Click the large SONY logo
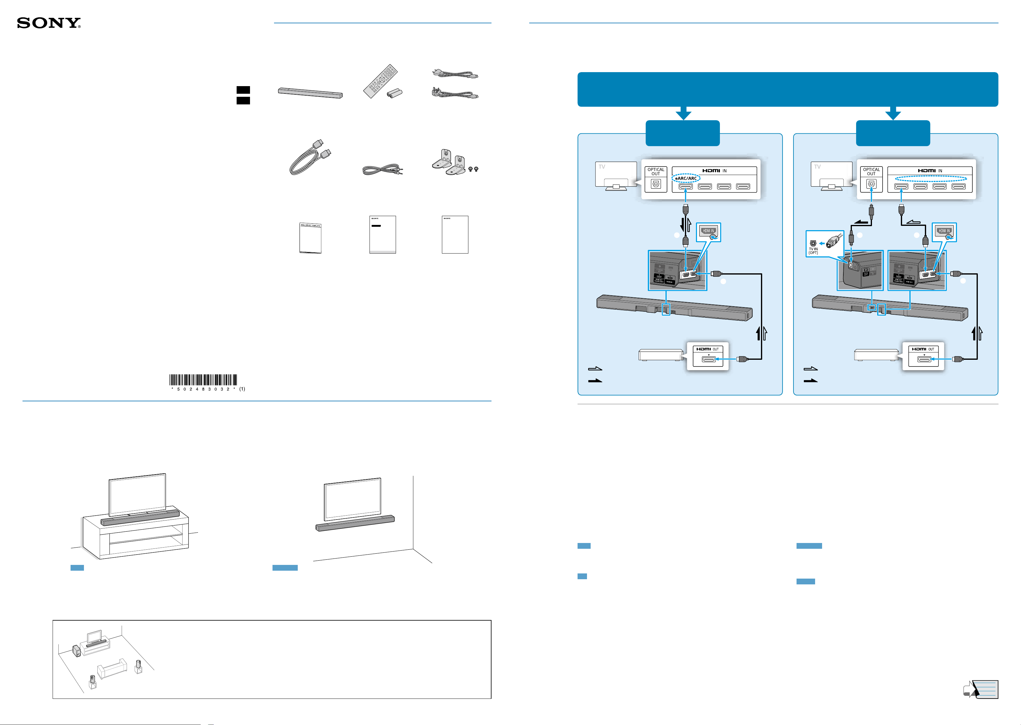tap(49, 23)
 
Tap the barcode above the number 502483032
tap(203, 380)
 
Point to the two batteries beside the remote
tap(394, 93)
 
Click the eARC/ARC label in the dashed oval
tap(686, 178)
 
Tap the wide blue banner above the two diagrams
tap(787, 89)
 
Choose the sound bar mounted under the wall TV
tap(355, 523)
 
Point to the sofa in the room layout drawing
tap(112, 669)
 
